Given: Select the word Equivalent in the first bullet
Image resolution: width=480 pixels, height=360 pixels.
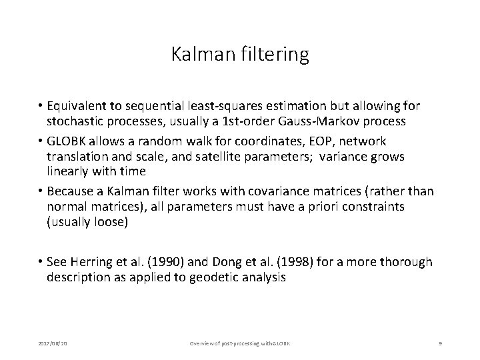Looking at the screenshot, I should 86,106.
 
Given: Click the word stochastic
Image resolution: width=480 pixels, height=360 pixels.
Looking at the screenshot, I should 78,122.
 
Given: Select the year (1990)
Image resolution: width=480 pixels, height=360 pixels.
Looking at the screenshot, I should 181,262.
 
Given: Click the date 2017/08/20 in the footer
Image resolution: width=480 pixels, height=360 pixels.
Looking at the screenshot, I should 45,343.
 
